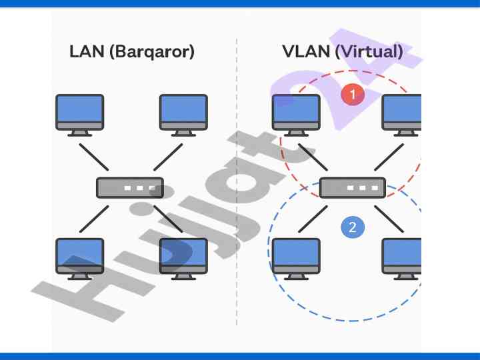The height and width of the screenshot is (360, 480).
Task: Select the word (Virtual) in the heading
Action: (371, 52)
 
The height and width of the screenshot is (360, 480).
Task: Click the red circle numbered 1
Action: (353, 95)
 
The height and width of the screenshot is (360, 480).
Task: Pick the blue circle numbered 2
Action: (353, 227)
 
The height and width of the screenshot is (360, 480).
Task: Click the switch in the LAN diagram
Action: (130, 187)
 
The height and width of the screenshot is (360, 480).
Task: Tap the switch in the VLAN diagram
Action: (353, 187)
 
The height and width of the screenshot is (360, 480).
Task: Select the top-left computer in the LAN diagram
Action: (80, 114)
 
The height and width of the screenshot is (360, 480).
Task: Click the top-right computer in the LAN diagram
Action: (183, 114)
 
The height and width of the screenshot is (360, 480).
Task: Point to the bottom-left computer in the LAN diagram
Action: (80, 257)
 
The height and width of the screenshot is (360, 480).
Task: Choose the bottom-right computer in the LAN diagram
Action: (183, 257)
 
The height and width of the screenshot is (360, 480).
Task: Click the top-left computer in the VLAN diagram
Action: (296, 114)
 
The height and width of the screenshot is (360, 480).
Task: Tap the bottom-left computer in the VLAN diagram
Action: (296, 257)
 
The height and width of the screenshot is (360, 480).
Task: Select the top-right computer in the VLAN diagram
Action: (403, 114)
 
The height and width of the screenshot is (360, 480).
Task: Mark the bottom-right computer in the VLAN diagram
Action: (403, 257)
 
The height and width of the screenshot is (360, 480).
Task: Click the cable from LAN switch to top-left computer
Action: (94, 157)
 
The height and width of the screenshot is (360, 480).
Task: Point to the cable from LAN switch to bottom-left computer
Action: (94, 219)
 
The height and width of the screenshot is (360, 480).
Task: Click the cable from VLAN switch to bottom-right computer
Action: (389, 219)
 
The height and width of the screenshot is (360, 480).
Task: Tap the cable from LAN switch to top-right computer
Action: (167, 157)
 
